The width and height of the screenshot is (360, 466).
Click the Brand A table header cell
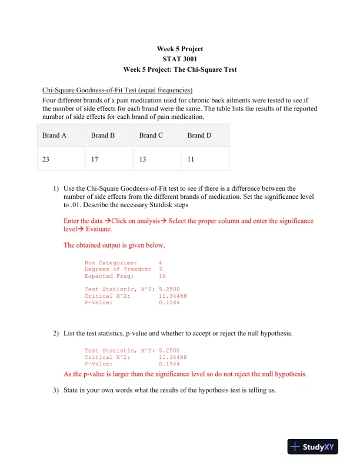[x=54, y=135]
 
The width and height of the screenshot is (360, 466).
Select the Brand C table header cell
[x=151, y=135]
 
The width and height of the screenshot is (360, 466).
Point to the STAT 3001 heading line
[x=179, y=59]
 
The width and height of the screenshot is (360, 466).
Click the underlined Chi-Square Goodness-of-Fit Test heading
[x=117, y=91]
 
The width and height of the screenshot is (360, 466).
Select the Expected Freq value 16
[x=162, y=275]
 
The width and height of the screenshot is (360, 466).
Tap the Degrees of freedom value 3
[x=161, y=269]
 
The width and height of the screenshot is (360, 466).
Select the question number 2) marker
[x=55, y=334]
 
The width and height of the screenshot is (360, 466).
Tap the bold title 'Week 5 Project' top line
[x=179, y=49]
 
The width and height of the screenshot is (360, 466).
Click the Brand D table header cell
[x=199, y=135]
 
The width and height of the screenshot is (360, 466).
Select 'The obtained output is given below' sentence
[x=114, y=245]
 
